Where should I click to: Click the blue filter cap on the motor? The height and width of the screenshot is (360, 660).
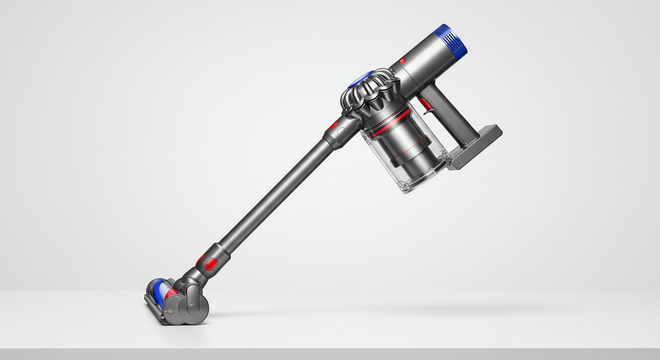tap(451, 39)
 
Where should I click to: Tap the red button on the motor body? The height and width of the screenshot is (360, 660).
tap(402, 61)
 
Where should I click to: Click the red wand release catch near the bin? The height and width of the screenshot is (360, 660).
tap(334, 125)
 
